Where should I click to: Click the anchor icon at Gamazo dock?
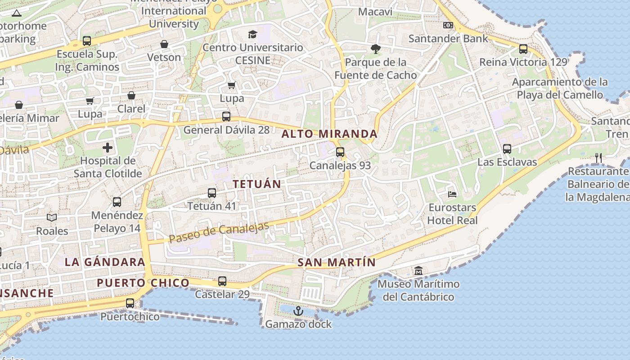tap(298, 311)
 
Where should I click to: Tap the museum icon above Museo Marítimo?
tap(418, 271)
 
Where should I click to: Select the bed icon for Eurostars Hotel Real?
tap(452, 194)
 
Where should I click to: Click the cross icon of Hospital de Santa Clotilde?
tap(108, 147)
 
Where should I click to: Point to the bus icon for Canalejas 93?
tap(340, 152)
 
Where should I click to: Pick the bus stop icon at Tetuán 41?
tap(212, 193)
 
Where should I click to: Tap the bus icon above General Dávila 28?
tap(226, 117)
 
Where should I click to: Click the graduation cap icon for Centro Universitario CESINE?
tap(252, 34)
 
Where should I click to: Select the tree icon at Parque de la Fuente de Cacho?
tap(375, 49)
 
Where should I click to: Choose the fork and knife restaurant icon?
tap(598, 157)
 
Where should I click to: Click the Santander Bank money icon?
tap(448, 25)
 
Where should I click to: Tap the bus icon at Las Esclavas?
tap(507, 148)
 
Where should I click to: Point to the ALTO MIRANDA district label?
tap(329, 134)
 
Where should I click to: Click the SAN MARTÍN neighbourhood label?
tap(337, 262)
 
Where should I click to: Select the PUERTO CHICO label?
tap(143, 283)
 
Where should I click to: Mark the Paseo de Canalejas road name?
tap(219, 233)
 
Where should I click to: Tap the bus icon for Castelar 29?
tap(222, 281)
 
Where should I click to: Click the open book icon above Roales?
tap(52, 218)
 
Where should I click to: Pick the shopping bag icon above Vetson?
tap(164, 44)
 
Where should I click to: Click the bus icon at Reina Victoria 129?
tap(523, 49)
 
